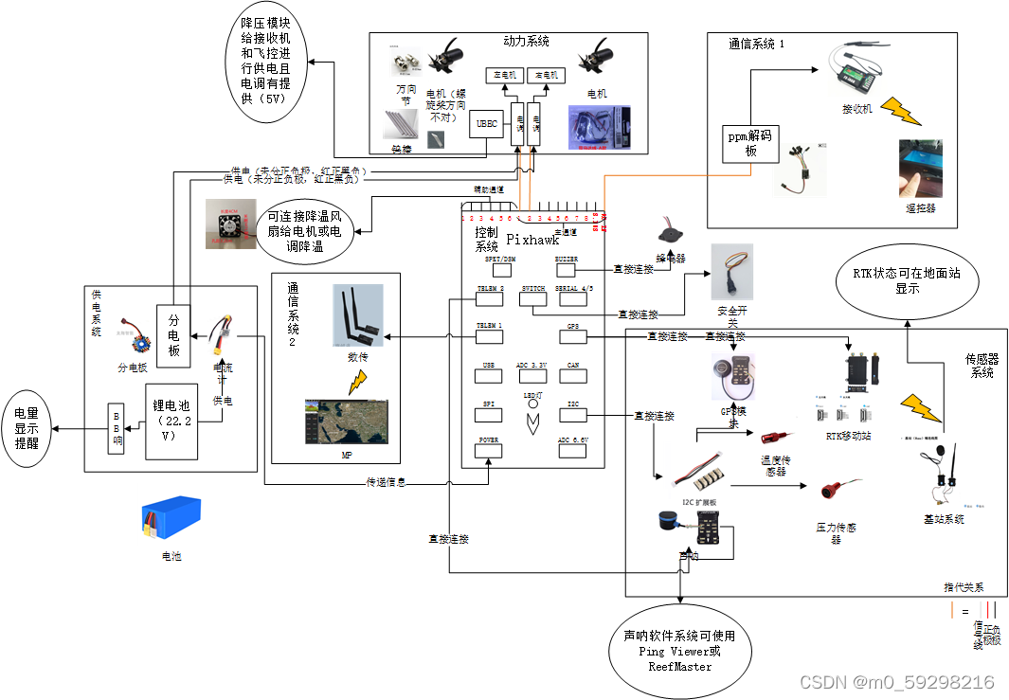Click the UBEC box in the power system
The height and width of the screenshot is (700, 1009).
(x=486, y=123)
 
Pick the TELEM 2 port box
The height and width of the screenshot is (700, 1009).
(x=489, y=298)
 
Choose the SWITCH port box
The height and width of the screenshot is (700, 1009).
(x=532, y=298)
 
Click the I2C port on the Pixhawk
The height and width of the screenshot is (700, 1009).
(x=572, y=414)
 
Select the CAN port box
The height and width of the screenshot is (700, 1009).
(x=572, y=374)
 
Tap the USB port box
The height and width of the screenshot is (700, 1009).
(x=489, y=374)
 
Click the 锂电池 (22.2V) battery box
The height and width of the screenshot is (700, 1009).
(x=171, y=420)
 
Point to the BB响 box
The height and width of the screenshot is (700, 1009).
(x=117, y=429)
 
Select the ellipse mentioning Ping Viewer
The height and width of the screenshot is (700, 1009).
(x=678, y=652)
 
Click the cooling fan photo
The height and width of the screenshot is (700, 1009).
(x=229, y=224)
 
